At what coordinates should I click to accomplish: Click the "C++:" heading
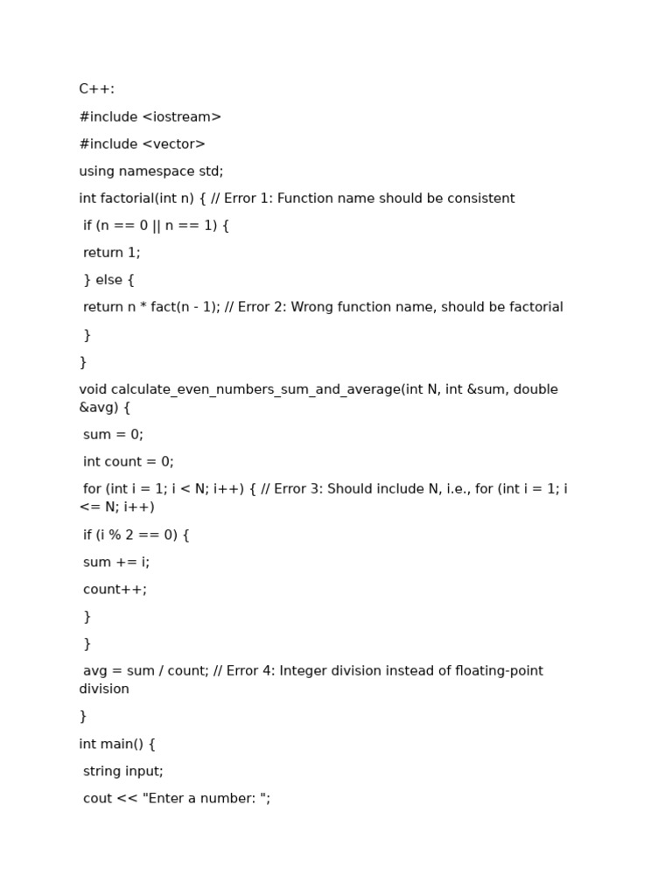coord(96,89)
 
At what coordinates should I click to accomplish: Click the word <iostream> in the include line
coord(181,117)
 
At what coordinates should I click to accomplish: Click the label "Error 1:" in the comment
coord(248,199)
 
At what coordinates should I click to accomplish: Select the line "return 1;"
coord(111,253)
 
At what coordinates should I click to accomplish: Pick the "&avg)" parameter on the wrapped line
coord(98,408)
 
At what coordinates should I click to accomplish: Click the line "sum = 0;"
coord(113,435)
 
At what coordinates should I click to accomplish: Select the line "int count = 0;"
coord(128,462)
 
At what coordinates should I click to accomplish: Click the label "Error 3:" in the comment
coord(298,489)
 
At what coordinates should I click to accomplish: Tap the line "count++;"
coord(115,590)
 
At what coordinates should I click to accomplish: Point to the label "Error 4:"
coord(250,671)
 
